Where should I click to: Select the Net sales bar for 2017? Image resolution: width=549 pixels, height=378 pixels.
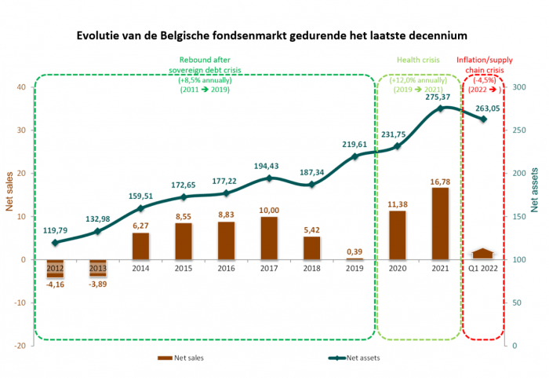click(269, 237)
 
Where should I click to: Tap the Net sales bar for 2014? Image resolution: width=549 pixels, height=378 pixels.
click(140, 246)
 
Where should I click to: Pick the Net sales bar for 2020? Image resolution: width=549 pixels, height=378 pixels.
click(398, 235)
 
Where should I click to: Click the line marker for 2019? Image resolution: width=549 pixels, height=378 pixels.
click(354, 156)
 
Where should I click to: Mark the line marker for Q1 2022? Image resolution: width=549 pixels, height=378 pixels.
click(483, 119)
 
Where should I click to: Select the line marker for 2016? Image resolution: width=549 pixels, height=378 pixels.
click(226, 193)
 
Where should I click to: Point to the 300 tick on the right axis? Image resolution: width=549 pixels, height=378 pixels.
click(518, 87)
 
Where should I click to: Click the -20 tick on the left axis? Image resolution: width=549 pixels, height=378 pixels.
click(20, 346)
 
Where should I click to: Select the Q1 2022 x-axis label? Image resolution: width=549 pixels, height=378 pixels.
click(483, 268)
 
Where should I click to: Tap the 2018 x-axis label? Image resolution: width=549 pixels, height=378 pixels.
click(311, 268)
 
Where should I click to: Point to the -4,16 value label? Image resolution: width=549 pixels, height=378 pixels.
click(54, 284)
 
